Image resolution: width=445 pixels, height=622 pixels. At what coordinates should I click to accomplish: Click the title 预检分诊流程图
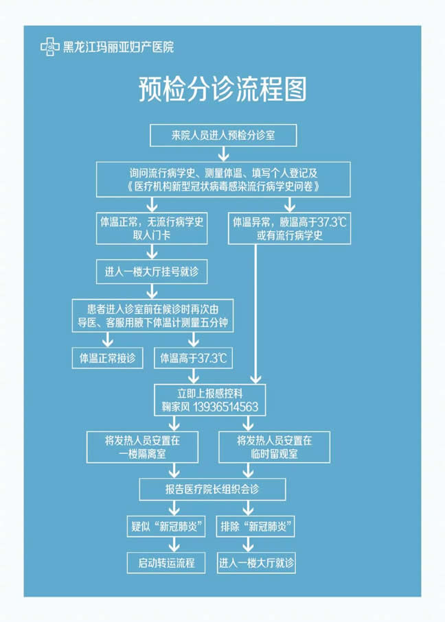click(223, 90)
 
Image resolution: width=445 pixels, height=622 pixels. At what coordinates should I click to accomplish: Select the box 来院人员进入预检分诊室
click(223, 135)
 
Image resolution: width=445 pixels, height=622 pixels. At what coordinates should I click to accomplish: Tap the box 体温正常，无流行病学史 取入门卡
click(152, 228)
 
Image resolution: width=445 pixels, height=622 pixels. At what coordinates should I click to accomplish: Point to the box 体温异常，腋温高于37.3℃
click(290, 228)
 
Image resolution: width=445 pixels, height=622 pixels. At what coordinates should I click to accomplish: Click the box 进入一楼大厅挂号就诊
click(152, 272)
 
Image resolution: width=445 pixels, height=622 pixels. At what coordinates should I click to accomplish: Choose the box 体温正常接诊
click(107, 358)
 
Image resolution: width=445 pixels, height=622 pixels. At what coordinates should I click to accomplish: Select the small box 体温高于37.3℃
click(194, 358)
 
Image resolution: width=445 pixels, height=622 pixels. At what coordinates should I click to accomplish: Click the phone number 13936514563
click(225, 407)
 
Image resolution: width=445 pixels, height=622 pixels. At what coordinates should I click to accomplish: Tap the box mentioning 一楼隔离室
click(142, 447)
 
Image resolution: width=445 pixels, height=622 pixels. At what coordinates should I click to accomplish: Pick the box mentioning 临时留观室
click(275, 447)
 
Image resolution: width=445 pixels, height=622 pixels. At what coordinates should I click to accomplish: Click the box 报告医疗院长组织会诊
click(212, 489)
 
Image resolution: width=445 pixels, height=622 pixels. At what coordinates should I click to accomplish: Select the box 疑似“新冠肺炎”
click(166, 527)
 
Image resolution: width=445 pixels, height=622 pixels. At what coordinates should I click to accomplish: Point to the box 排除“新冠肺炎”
click(255, 527)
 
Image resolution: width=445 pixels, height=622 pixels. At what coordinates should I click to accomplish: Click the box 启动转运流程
click(166, 562)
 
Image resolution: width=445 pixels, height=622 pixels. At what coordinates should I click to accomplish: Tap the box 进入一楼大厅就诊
click(256, 562)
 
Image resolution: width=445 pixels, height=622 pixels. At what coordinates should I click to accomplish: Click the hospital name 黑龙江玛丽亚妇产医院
click(118, 47)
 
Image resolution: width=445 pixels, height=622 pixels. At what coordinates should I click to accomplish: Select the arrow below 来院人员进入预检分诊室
click(224, 154)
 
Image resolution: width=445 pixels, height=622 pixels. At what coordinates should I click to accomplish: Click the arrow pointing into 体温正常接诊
click(107, 340)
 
